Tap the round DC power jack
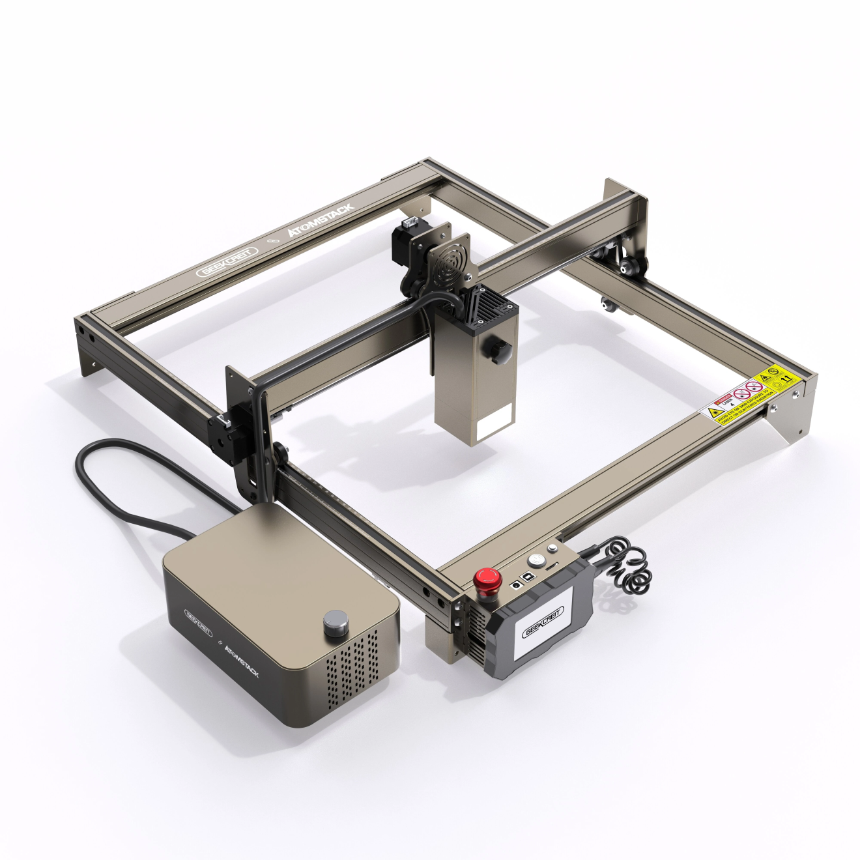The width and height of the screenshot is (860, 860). point(515,584)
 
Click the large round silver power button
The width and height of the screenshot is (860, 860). point(536,560)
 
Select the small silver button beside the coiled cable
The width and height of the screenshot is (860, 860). point(552,548)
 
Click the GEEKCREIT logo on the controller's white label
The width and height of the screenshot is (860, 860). point(544,622)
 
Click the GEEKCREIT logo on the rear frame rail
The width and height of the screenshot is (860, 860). point(227,262)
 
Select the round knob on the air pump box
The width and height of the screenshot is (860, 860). point(335,623)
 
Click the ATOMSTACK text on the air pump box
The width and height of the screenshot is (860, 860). point(241,659)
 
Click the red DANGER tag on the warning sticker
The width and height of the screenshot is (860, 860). point(723,399)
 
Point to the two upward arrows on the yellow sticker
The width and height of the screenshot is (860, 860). point(786,377)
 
